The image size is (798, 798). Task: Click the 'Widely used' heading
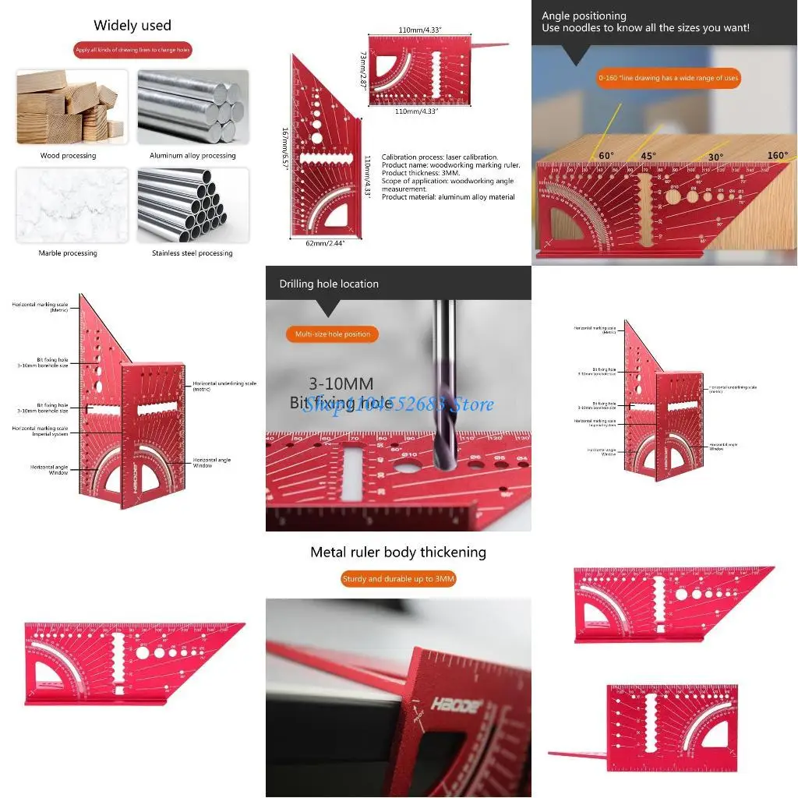pos(132,25)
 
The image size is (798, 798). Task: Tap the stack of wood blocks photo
pos(71,107)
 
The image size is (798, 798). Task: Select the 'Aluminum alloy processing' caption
pos(192,156)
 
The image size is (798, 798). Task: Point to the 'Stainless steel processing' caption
pos(192,253)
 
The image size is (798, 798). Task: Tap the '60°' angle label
pos(606,156)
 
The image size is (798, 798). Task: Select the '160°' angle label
pos(776,156)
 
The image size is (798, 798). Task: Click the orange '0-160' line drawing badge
pos(668,79)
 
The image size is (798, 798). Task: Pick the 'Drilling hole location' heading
pos(329,284)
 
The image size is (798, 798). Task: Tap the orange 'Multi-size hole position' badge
pos(333,334)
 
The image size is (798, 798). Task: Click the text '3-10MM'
pos(341,383)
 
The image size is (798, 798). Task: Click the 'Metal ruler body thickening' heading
pos(397,553)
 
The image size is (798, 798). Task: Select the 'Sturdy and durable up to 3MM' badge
pos(398,579)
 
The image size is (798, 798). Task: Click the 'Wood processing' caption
pos(68,156)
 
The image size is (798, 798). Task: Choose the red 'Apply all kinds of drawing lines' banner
pos(132,50)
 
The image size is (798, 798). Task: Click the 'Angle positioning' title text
pos(584,16)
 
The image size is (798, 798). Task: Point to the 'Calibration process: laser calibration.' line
pos(440,157)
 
